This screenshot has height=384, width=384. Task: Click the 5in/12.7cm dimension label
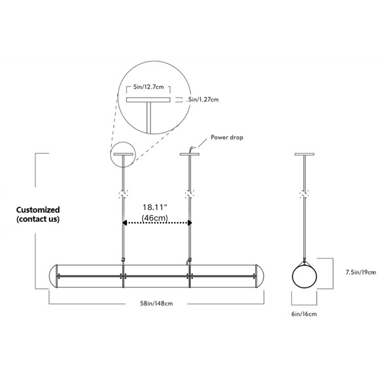pos(149,87)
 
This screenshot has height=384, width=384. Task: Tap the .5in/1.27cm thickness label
pos(202,100)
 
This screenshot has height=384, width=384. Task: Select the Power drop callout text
pos(227,137)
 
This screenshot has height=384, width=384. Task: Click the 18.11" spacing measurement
pos(155,207)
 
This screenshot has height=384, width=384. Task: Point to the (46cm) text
pos(155,218)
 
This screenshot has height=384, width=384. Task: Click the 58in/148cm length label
pos(156,303)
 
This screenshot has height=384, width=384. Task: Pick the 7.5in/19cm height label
pos(361,272)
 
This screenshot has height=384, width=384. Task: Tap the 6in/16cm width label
pos(304,314)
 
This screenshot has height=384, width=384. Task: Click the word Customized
pos(38,210)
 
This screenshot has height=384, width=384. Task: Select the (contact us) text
pos(38,219)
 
